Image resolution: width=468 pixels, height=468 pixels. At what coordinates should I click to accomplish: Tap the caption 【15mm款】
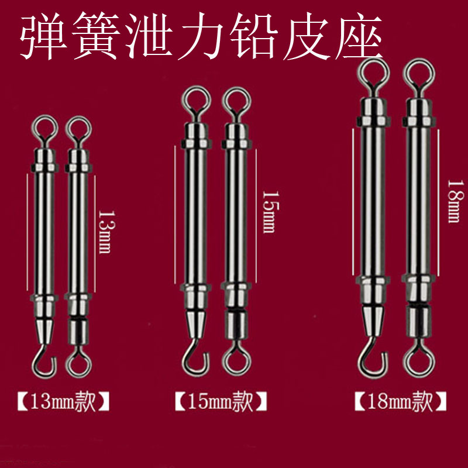pos(221,402)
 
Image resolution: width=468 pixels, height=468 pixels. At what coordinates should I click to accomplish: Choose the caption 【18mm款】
pos(401,402)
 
